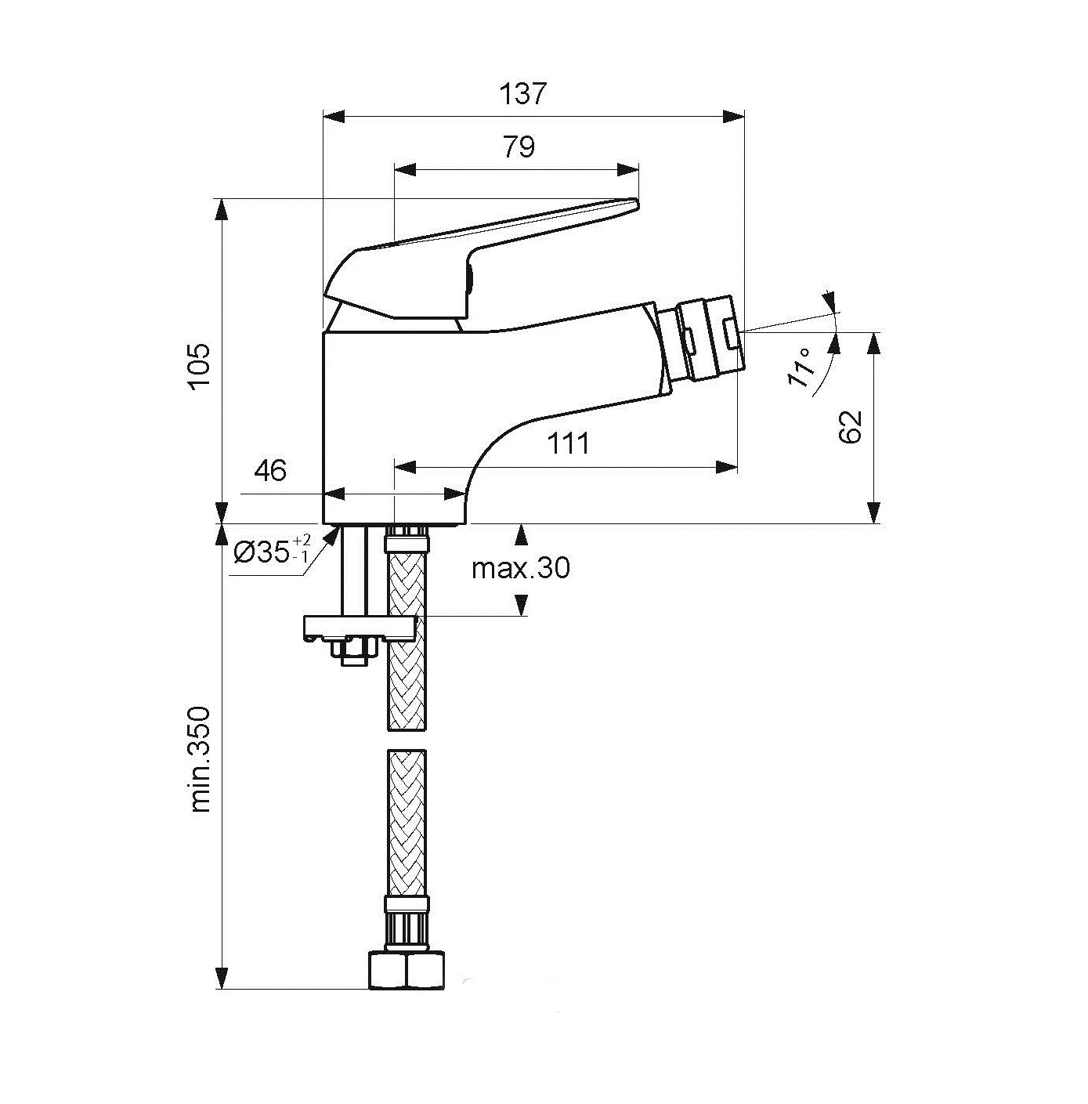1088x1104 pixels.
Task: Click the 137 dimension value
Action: tap(523, 94)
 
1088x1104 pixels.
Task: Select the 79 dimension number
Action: tap(519, 147)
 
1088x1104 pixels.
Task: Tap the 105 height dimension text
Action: tap(199, 367)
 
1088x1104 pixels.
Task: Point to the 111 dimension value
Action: tap(568, 443)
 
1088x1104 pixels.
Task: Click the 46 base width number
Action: tap(270, 471)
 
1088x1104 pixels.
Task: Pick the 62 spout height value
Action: tap(850, 427)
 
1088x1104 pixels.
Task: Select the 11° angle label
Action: tap(801, 367)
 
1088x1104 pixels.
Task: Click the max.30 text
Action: tap(520, 568)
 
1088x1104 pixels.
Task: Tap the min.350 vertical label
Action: tap(200, 760)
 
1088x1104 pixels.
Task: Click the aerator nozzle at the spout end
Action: tap(706, 338)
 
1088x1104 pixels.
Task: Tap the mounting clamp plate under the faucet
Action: tap(360, 628)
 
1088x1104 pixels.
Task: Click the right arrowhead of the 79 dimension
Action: tap(627, 170)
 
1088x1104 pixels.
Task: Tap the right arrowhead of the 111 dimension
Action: tap(726, 468)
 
